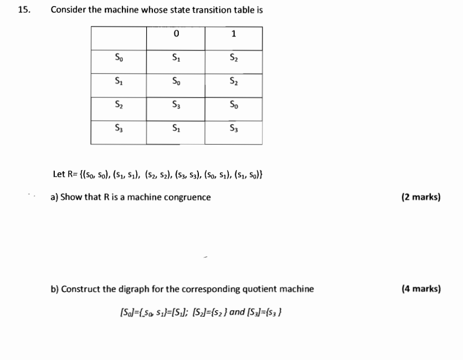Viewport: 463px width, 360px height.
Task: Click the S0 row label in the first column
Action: point(119,57)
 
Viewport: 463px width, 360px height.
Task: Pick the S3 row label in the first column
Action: point(119,128)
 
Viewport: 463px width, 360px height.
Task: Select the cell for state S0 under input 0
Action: point(176,57)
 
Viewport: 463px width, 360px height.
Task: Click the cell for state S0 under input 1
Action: point(233,57)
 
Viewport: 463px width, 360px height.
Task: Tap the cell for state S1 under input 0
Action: point(176,81)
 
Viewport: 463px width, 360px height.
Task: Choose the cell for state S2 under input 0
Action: point(176,105)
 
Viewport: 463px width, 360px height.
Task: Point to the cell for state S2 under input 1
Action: point(233,105)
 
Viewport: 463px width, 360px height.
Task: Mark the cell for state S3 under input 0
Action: point(176,128)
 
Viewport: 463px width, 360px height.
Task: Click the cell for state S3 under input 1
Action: point(233,128)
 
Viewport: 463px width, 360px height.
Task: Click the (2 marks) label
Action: point(421,197)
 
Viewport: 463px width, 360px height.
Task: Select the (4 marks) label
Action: point(421,289)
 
